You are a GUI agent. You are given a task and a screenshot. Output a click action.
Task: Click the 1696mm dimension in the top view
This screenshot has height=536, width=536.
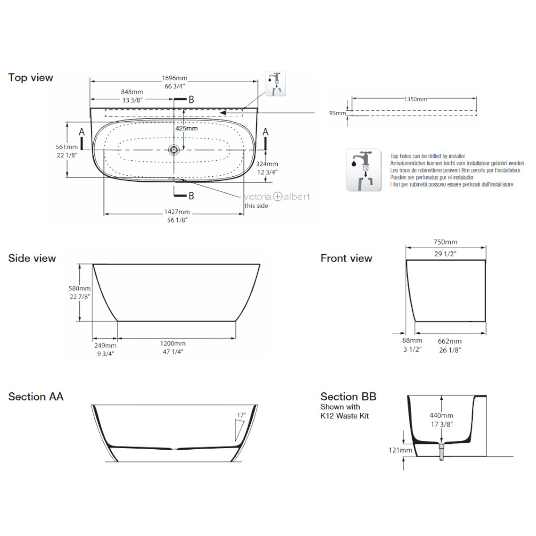(175, 78)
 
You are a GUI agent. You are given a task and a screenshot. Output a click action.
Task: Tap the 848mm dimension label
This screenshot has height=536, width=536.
(132, 92)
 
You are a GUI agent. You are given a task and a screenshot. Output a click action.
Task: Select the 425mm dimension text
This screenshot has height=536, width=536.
(187, 129)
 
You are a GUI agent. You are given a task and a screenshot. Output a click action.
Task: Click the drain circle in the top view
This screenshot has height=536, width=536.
(174, 150)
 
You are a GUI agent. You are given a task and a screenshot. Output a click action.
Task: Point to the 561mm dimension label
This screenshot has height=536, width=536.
(66, 147)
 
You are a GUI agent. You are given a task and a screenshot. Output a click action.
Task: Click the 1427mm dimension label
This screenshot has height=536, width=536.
(177, 212)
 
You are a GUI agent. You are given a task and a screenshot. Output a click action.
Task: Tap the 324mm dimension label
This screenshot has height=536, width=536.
(267, 164)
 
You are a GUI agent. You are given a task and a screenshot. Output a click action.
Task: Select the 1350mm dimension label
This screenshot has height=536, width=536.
(416, 100)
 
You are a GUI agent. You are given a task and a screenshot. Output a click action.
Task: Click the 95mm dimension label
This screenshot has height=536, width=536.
(337, 113)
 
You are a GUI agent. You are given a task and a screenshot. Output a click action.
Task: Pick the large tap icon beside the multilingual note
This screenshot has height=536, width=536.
(364, 170)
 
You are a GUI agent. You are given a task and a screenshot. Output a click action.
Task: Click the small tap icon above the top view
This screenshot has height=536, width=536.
(276, 84)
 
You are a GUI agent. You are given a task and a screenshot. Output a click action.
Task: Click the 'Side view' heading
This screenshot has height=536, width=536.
(32, 258)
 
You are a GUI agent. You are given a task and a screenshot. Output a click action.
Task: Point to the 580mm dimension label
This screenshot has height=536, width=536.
(80, 288)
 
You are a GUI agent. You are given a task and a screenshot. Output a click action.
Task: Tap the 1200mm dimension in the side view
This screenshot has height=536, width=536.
(173, 344)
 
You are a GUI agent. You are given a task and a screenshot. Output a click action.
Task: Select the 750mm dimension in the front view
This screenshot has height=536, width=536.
(445, 242)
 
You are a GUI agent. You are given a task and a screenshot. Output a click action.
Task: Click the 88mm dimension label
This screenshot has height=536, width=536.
(412, 340)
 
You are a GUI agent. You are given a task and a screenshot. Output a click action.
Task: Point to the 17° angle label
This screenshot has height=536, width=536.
(241, 415)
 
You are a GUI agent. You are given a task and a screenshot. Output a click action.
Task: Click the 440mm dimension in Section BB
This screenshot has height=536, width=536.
(441, 416)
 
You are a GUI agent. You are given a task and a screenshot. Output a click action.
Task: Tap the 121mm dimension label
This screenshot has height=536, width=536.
(400, 450)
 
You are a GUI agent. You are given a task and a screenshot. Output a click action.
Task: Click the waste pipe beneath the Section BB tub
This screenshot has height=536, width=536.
(441, 452)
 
